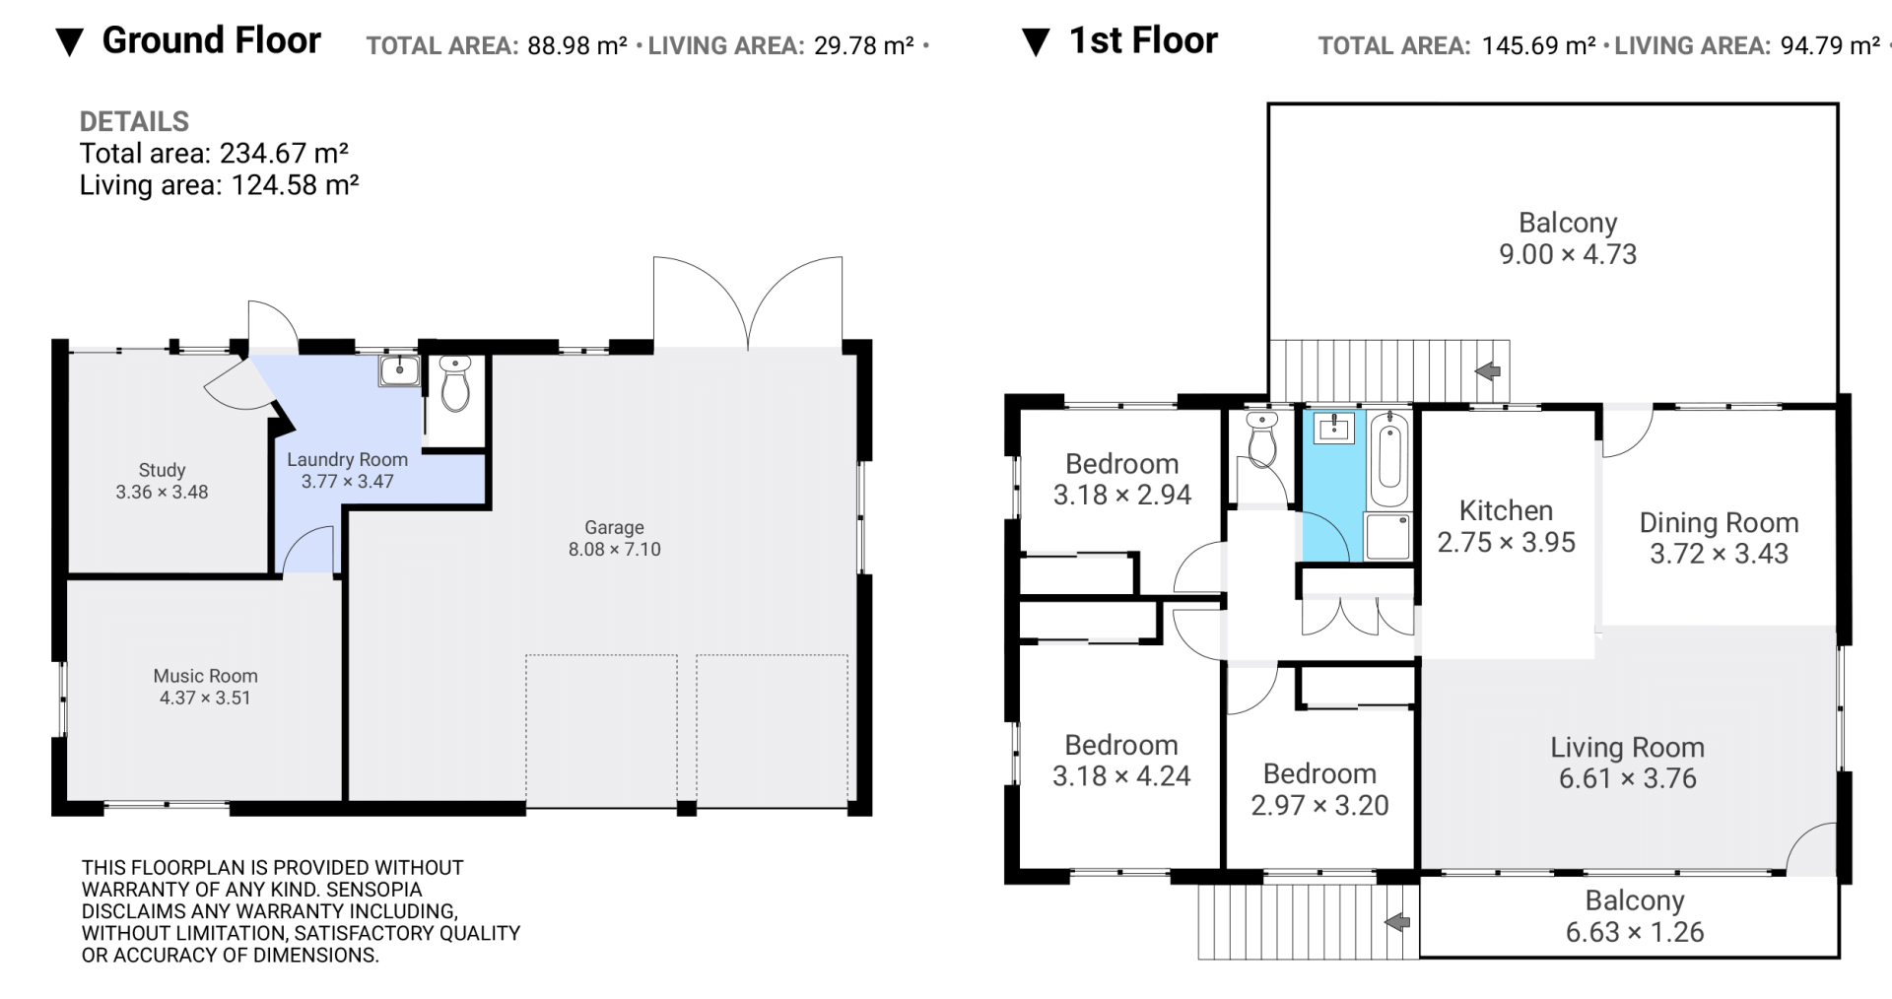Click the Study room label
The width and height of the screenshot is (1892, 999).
162,470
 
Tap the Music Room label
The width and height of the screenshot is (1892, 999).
205,676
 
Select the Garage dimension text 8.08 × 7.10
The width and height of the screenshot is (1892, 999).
614,550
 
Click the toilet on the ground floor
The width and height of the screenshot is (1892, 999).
454,383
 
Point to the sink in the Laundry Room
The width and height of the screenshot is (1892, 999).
399,370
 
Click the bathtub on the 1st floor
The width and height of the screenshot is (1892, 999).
1388,460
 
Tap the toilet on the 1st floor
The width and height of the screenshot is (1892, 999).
1261,438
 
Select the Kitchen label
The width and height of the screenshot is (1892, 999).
1506,510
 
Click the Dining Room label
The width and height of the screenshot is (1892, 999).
1719,522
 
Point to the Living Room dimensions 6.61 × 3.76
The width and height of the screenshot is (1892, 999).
1627,778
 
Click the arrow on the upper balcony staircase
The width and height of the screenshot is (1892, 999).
1487,370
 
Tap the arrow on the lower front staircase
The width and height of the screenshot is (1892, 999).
1396,922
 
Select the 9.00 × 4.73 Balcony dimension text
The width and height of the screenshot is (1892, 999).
1568,254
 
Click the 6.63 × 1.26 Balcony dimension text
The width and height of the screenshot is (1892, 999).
1635,932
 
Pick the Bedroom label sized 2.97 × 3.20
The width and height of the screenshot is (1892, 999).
1319,773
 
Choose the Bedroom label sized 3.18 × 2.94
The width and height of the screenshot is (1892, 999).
1121,463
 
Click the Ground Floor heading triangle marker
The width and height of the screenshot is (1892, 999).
69,43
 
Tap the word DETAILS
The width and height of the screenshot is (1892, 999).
134,121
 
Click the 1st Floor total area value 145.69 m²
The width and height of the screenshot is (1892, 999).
1538,45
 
